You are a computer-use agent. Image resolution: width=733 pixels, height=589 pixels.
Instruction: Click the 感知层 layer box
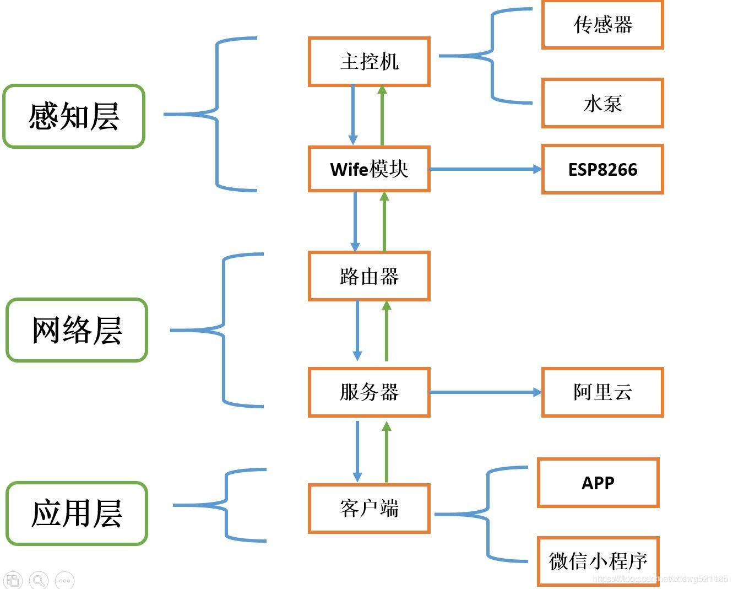pos(74,116)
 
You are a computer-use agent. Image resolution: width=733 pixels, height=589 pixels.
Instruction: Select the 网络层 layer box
pos(77,330)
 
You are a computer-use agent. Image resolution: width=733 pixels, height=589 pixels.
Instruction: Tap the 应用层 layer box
pos(77,513)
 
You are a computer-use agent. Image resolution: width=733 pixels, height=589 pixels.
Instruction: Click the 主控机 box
pos(369,61)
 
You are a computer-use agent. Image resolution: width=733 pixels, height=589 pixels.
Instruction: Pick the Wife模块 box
pos(369,169)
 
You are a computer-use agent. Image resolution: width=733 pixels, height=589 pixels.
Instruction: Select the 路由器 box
pos(369,276)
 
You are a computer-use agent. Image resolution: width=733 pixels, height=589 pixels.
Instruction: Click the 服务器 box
pos(369,392)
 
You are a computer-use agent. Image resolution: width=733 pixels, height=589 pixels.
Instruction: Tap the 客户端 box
pos(369,508)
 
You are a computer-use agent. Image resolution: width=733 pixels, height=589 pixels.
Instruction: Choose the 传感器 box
pos(602,25)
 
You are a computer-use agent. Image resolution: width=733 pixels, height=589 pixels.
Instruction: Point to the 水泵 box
pos(602,103)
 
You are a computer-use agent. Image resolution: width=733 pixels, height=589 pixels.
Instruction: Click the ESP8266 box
pos(602,169)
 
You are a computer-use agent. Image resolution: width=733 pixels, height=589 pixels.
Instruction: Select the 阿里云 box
pos(602,392)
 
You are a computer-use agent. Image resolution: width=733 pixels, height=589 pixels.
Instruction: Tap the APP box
pos(598,483)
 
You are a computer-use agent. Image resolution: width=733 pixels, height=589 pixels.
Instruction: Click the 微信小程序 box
pos(598,561)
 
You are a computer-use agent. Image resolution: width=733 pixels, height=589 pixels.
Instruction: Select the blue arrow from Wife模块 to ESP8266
pos(485,169)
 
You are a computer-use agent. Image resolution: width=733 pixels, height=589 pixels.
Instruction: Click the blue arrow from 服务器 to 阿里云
pos(485,392)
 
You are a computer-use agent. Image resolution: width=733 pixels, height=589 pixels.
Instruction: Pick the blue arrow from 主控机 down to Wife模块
pos(353,115)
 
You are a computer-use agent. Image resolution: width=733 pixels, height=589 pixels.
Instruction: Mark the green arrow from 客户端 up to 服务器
pos(387,452)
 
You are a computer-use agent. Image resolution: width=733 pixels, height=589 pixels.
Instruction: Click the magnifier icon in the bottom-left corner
pos(39,580)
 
